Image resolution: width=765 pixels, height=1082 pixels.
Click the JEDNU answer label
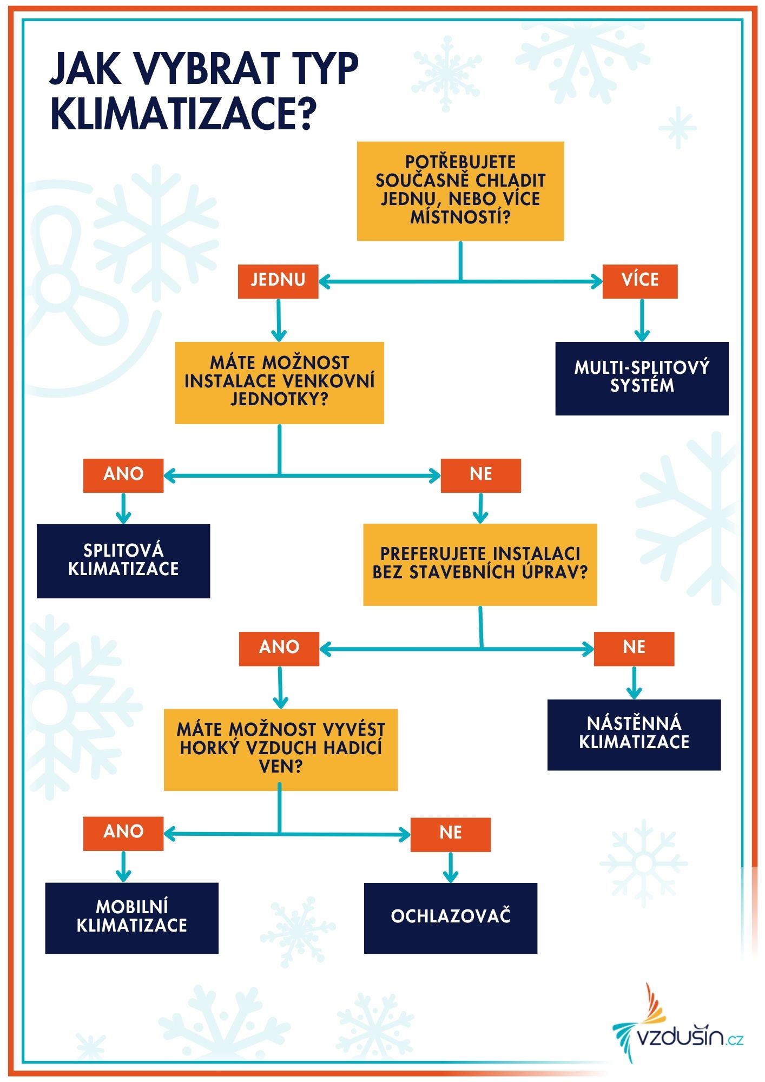click(x=278, y=281)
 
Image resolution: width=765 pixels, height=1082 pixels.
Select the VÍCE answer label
click(x=640, y=281)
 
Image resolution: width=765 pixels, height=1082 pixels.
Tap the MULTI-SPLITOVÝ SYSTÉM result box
click(x=642, y=378)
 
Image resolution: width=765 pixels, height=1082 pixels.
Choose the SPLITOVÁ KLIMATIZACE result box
click(x=123, y=560)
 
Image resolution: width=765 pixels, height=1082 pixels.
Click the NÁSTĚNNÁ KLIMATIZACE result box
click(x=634, y=734)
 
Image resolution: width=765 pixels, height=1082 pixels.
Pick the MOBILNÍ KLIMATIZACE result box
click(x=131, y=918)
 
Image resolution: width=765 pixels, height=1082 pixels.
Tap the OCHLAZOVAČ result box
click(x=450, y=918)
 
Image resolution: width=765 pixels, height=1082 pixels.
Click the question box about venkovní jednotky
click(x=279, y=382)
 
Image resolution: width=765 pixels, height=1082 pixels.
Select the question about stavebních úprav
click(x=480, y=564)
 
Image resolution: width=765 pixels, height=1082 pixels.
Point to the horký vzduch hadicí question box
click(x=281, y=749)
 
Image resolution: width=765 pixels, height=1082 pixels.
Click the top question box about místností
click(x=460, y=191)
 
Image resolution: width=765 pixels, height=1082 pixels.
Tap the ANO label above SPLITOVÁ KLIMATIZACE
click(x=123, y=475)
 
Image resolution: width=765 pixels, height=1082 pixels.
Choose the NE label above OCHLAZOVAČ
click(x=450, y=834)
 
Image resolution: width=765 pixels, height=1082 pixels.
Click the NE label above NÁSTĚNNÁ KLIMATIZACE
click(x=634, y=648)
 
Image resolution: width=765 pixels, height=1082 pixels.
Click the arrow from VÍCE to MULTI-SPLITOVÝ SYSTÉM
click(x=642, y=320)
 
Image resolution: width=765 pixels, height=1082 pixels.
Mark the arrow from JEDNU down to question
click(x=279, y=320)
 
